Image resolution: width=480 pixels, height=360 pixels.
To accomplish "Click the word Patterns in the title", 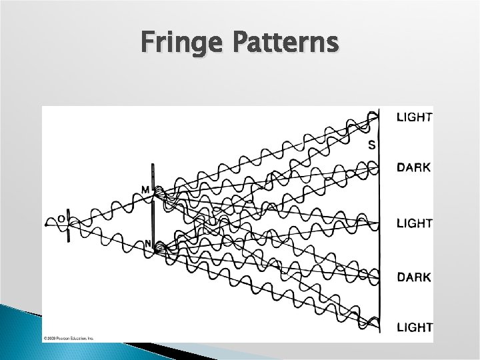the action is [x=287, y=43].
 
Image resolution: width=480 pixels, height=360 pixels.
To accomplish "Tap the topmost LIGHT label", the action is [x=414, y=117].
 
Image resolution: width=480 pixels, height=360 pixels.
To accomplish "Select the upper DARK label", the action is [x=413, y=168].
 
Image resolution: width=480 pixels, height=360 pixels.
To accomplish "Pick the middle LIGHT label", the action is [x=414, y=223].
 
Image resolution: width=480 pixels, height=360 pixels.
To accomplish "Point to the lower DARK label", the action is [x=413, y=277].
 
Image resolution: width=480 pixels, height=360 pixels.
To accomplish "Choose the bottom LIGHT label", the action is [x=414, y=327].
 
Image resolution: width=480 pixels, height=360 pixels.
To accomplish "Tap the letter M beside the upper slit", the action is [x=145, y=190].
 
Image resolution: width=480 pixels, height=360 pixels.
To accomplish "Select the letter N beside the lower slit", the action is [x=148, y=243].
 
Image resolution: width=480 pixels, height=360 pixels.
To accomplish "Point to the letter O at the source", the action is [x=61, y=218].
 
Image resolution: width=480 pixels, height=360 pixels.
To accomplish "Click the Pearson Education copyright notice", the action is [x=69, y=338].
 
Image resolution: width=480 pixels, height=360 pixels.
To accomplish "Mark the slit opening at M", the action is [x=154, y=193].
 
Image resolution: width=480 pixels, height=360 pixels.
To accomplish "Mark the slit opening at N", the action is [x=154, y=247].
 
